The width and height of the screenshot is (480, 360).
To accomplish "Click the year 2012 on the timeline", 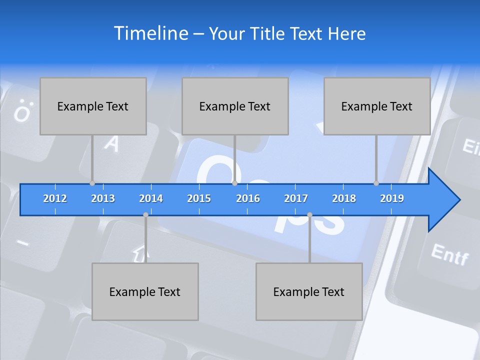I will click(55, 198).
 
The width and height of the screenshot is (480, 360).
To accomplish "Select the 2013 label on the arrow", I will click(103, 198).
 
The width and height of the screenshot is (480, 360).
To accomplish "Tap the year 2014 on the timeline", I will click(151, 198).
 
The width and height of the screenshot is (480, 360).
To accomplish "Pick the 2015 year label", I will click(199, 198).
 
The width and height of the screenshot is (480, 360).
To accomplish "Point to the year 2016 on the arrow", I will click(248, 198).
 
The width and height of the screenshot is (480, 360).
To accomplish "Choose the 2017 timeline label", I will click(296, 198).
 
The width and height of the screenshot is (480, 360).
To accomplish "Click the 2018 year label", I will click(344, 198).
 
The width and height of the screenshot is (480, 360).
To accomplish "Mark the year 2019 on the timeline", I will click(392, 198).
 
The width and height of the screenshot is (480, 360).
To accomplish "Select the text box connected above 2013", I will click(93, 106).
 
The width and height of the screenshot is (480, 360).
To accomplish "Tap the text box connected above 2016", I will click(235, 106).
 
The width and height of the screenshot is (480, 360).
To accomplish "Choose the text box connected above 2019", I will click(377, 106).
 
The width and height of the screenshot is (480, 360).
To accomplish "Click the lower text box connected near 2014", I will click(145, 291).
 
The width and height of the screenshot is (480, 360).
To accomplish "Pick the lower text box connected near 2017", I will click(309, 291).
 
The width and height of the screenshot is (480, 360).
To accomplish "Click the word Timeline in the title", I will click(150, 33).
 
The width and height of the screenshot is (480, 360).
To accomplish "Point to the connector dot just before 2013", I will click(92, 183).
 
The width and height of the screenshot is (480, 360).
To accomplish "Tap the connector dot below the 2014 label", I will click(145, 215).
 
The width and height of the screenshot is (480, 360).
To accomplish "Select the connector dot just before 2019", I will click(376, 183).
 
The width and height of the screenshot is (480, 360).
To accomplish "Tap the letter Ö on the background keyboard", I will click(21, 112).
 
